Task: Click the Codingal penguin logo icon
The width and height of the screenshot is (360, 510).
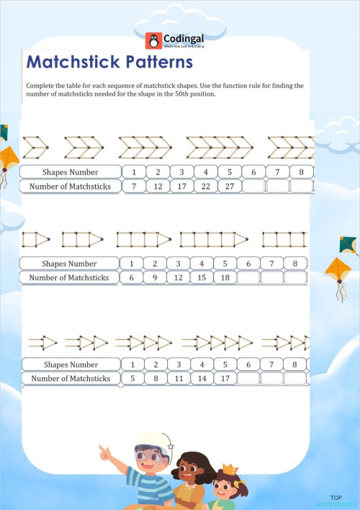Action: tap(152, 40)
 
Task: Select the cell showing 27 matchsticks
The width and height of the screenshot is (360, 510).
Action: tap(229, 187)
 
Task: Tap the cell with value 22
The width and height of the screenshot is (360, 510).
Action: tap(205, 187)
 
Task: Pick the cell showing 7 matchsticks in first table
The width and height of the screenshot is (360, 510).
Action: tap(133, 187)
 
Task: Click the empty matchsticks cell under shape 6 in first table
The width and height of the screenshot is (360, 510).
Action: tap(253, 187)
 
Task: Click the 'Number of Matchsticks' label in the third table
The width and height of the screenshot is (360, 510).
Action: tap(71, 378)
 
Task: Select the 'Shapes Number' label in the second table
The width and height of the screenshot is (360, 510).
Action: tap(69, 264)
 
